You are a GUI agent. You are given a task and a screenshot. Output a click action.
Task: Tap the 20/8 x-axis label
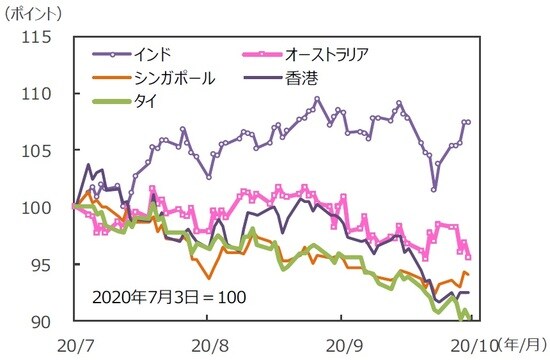pos(206,344)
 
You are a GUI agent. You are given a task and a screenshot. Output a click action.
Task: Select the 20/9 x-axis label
pos(342,344)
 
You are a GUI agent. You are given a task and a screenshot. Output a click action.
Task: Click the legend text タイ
pos(161,100)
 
